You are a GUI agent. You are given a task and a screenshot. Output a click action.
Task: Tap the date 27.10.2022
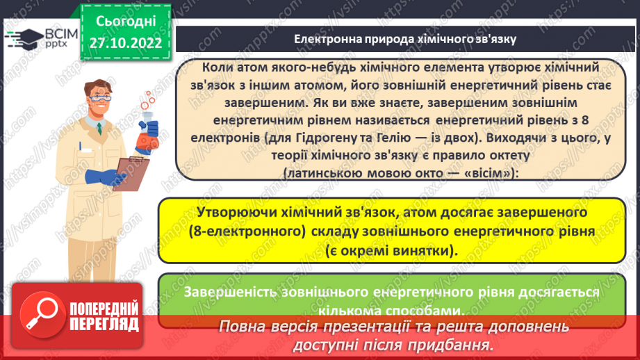tap(125, 43)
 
